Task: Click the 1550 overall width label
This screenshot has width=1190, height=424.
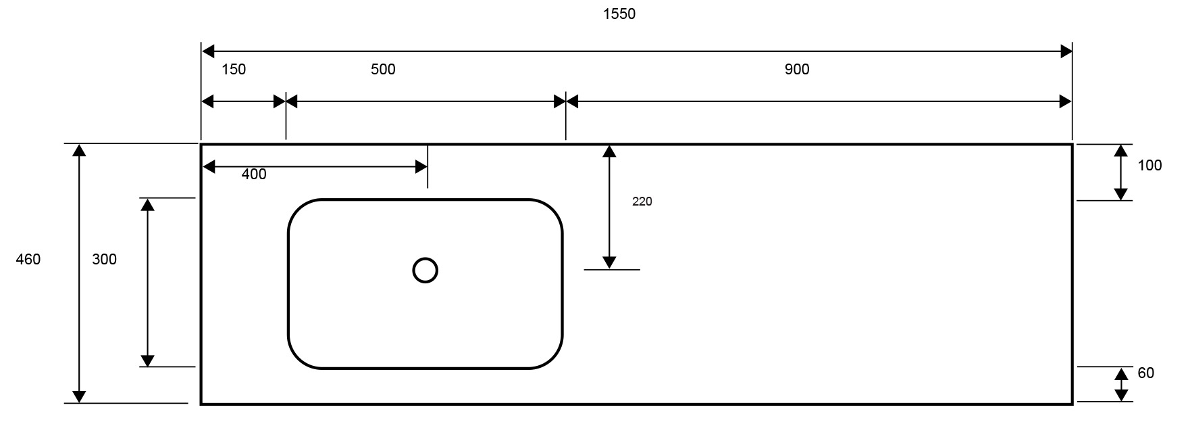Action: pos(619,14)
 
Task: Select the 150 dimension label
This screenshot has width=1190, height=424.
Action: pos(234,69)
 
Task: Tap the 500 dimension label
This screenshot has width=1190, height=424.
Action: pos(383,69)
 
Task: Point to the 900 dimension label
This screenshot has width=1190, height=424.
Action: pos(797,69)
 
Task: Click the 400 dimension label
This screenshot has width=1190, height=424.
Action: pos(254,174)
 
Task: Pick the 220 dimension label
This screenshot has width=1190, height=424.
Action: pos(642,202)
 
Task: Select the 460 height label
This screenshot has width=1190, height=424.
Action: pos(28,259)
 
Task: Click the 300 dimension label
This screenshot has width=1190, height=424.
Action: pos(104,259)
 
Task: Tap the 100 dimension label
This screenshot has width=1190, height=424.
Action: pos(1149,165)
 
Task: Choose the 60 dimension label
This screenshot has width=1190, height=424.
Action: pos(1146,373)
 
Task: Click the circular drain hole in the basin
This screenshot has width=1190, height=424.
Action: pos(425,270)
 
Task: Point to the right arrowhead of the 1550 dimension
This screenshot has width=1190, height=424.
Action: pos(1066,51)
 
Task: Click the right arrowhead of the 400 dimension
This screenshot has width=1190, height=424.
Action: pos(420,166)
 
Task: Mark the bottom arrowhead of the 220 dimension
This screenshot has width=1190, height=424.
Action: pos(609,262)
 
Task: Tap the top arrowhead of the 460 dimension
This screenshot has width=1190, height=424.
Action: pos(80,151)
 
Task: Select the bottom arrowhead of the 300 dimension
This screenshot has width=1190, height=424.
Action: pos(147,360)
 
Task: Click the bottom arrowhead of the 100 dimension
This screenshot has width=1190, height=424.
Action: pos(1121,194)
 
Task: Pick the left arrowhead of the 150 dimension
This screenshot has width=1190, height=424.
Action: pos(208,101)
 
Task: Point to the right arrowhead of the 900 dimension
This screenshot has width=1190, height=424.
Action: pos(1066,101)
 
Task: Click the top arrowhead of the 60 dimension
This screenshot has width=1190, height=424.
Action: pos(1121,374)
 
